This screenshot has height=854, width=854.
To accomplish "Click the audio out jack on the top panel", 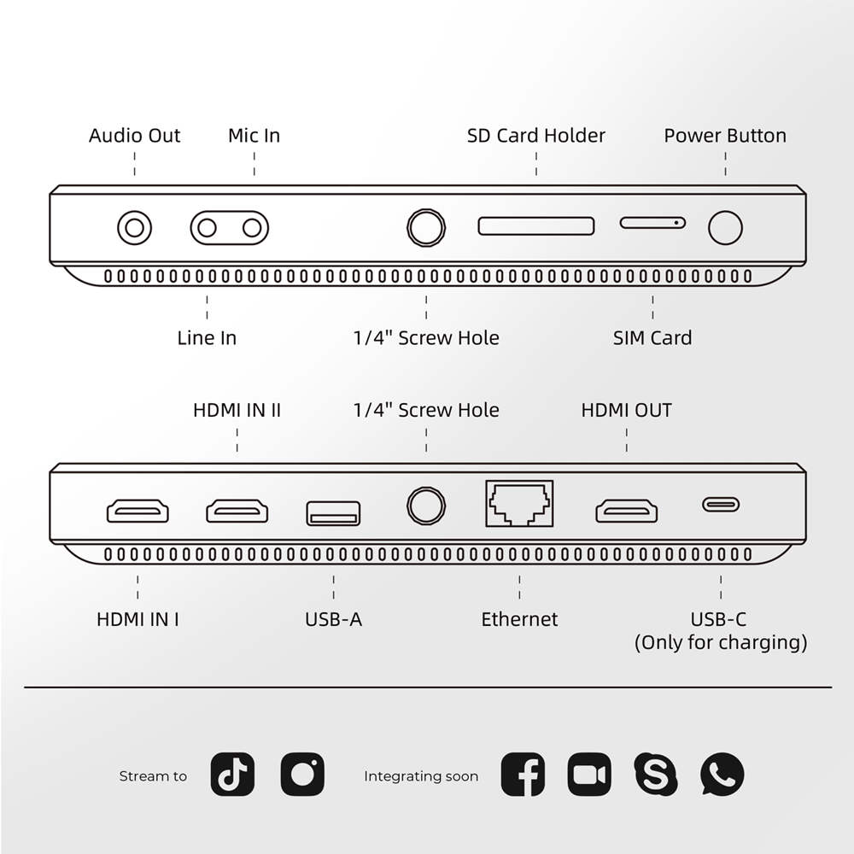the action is click(135, 228).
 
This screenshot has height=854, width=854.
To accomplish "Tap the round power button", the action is click(725, 228).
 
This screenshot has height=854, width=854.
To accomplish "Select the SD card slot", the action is click(536, 226).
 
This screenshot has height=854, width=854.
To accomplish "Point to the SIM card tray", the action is click(652, 223).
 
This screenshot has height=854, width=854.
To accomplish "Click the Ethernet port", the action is click(519, 504).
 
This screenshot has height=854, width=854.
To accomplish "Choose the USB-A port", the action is click(333, 513).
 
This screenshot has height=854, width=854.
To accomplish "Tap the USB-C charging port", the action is click(721, 505).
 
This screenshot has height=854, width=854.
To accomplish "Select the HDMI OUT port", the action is click(626, 511).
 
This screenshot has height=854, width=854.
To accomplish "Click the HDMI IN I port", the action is click(137, 511).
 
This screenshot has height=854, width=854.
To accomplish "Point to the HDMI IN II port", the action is click(237, 511).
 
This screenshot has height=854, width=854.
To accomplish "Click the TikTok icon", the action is click(232, 774).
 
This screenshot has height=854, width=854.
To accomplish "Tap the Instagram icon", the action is click(302, 774).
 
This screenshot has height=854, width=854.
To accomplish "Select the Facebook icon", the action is click(523, 774).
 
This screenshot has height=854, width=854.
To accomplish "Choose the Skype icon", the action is click(656, 774).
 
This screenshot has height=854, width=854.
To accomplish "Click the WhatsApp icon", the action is click(722, 774).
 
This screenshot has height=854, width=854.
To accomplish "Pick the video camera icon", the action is click(589, 774).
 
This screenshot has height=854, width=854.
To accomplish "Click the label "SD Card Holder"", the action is click(536, 136).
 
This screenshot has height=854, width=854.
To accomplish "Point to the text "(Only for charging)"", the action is click(721, 643).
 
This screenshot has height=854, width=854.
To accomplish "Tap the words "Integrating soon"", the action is click(421, 776).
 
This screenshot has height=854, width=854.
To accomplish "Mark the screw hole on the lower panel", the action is click(426, 506).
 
